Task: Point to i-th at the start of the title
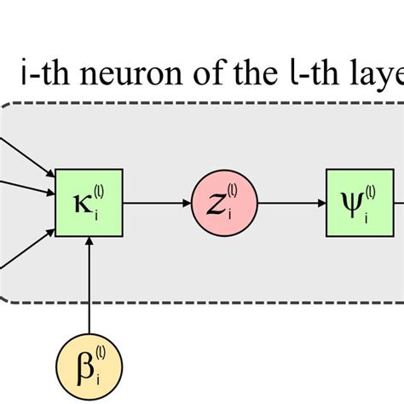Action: pyautogui.click(x=42, y=78)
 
